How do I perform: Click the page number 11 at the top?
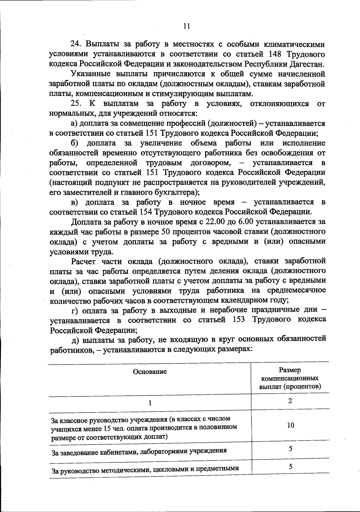tap(186, 26)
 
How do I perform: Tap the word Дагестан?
tap(307, 64)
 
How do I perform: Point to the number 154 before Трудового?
tap(146, 212)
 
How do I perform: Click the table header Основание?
tap(150, 372)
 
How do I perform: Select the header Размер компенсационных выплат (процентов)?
tap(290, 378)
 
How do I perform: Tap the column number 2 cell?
tap(290, 401)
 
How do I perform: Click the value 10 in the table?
tap(290, 425)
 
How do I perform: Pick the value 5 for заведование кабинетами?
tap(290, 449)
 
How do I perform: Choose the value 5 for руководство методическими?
tap(290, 466)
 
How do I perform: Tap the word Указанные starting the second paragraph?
tap(88, 74)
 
